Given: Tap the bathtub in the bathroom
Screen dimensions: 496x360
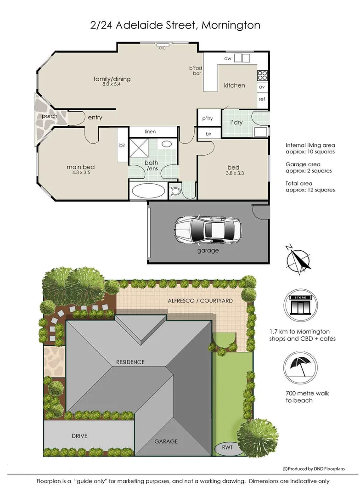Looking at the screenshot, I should coord(147,191).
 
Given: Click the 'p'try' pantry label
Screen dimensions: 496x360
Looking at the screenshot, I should coord(208,118).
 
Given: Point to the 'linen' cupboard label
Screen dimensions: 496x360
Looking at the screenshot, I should coord(150,132).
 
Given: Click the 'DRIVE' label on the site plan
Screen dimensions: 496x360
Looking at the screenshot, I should coord(79,436).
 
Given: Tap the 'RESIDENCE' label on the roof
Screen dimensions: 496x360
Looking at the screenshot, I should coord(129,362).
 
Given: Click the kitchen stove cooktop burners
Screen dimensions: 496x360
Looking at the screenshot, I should coord(263,75).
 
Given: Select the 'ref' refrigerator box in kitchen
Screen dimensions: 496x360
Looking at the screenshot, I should coord(262,99).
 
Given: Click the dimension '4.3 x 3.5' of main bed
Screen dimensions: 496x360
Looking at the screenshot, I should coord(81,173).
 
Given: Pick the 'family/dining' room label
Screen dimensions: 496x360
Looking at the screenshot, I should coord(112,79).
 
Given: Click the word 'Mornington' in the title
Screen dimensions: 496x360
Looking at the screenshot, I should coord(231,25).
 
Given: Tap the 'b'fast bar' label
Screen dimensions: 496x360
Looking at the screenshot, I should coord(196,71).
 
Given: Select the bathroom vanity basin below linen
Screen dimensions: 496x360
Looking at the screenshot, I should coord(167,144).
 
